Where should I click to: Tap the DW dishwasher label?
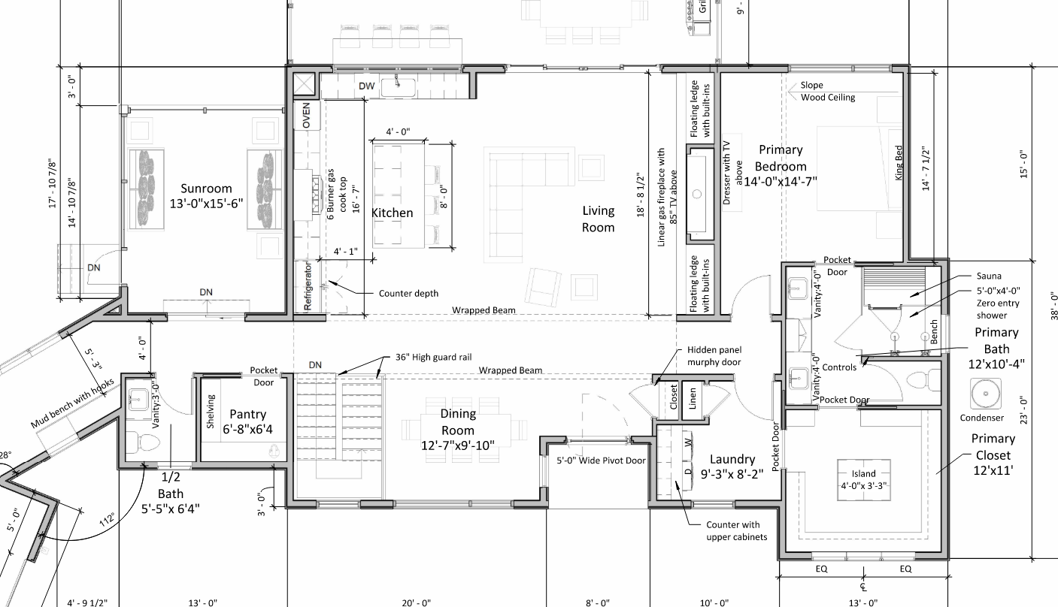pos(366,86)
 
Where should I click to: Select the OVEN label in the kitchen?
pos(306,115)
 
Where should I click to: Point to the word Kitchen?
pos(392,213)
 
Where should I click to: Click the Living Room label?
pos(598,219)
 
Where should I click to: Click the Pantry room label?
pos(247,421)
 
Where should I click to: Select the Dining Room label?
pos(458,429)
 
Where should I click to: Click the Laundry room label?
pos(732,467)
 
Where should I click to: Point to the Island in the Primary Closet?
pos(864,479)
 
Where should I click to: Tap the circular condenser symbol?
pos(985,394)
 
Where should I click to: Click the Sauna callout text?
pos(989,276)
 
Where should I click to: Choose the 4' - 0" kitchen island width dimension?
pos(399,131)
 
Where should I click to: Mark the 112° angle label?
pos(107,519)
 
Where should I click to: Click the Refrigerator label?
pos(308,286)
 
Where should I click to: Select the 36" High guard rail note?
pos(434,358)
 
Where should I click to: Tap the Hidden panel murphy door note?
pos(714,356)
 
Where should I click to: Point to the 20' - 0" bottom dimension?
pos(416,602)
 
